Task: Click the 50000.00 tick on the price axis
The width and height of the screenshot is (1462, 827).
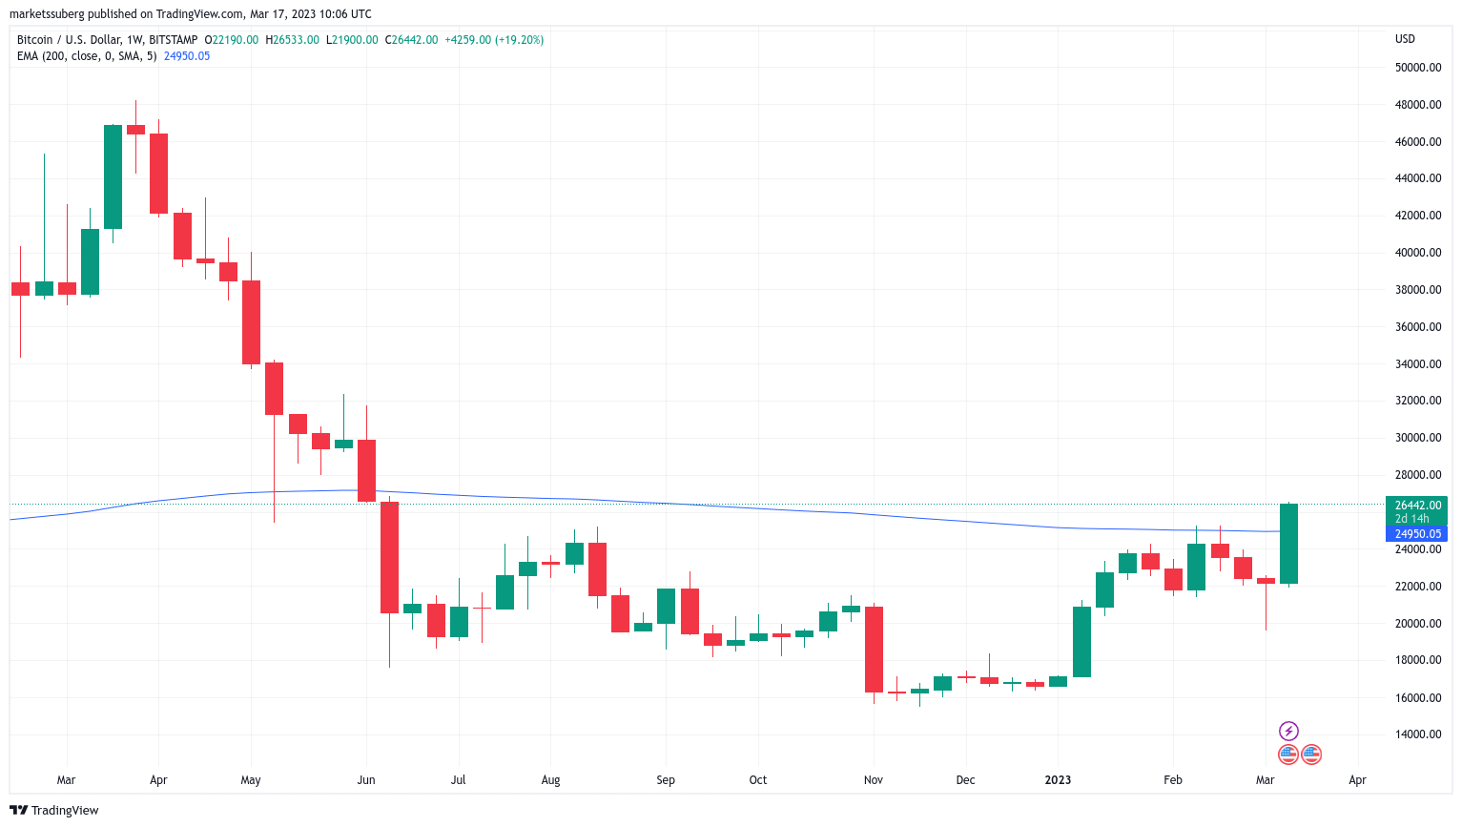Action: pos(1417,68)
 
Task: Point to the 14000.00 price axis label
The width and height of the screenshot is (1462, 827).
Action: pos(1417,734)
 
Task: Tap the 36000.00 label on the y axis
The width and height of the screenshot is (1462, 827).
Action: pos(1417,327)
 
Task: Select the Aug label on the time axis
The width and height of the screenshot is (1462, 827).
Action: pos(550,780)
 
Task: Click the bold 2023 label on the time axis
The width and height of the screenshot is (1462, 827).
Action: pos(1058,780)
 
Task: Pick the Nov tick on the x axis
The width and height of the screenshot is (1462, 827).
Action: pos(873,780)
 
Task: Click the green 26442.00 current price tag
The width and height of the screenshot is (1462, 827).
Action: pos(1417,506)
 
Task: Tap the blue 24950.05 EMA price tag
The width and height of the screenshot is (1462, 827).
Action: pos(1417,534)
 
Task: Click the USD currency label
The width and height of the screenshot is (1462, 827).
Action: pos(1405,39)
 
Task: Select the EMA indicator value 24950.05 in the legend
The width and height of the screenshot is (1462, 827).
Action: pos(187,56)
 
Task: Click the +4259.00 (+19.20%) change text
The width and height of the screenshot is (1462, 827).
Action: pos(494,40)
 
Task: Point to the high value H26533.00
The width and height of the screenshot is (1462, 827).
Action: pos(292,40)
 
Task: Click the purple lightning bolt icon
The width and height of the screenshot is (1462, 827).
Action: pos(1288,732)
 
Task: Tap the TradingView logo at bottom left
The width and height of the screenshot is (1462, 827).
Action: pos(54,811)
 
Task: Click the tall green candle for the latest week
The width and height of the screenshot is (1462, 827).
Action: pos(1288,544)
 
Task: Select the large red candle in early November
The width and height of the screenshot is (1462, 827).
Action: pos(874,649)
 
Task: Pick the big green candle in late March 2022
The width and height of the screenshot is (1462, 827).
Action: pos(113,176)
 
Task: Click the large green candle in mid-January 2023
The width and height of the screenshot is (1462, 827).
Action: pos(1081,641)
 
